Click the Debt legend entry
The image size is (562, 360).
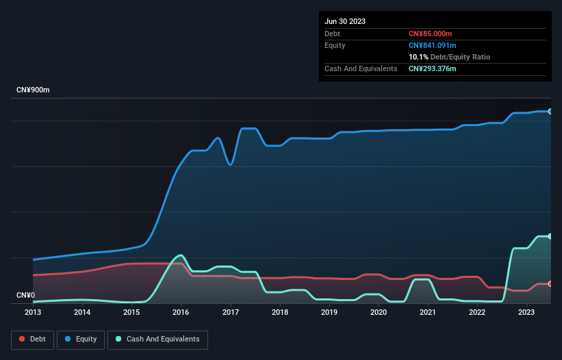(x=34, y=339)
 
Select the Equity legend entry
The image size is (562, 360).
(x=81, y=339)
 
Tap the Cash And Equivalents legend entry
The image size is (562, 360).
(x=157, y=339)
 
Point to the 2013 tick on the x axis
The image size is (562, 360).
(x=33, y=312)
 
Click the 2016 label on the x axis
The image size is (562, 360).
(x=181, y=312)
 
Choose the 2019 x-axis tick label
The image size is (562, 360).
(x=329, y=312)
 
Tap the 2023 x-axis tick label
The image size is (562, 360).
(x=526, y=312)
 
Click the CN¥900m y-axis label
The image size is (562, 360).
(x=33, y=90)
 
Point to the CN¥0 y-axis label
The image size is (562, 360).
(x=26, y=295)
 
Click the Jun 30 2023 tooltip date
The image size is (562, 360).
(x=345, y=21)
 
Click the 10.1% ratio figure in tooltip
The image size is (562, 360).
(x=418, y=57)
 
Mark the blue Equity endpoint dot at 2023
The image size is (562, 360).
(x=550, y=111)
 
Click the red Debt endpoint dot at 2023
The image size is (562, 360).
(x=550, y=283)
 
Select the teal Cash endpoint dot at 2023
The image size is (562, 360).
(x=550, y=236)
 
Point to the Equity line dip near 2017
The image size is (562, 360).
(x=231, y=164)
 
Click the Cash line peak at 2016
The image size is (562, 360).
(x=181, y=255)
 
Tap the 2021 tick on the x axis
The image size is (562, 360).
(x=428, y=312)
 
